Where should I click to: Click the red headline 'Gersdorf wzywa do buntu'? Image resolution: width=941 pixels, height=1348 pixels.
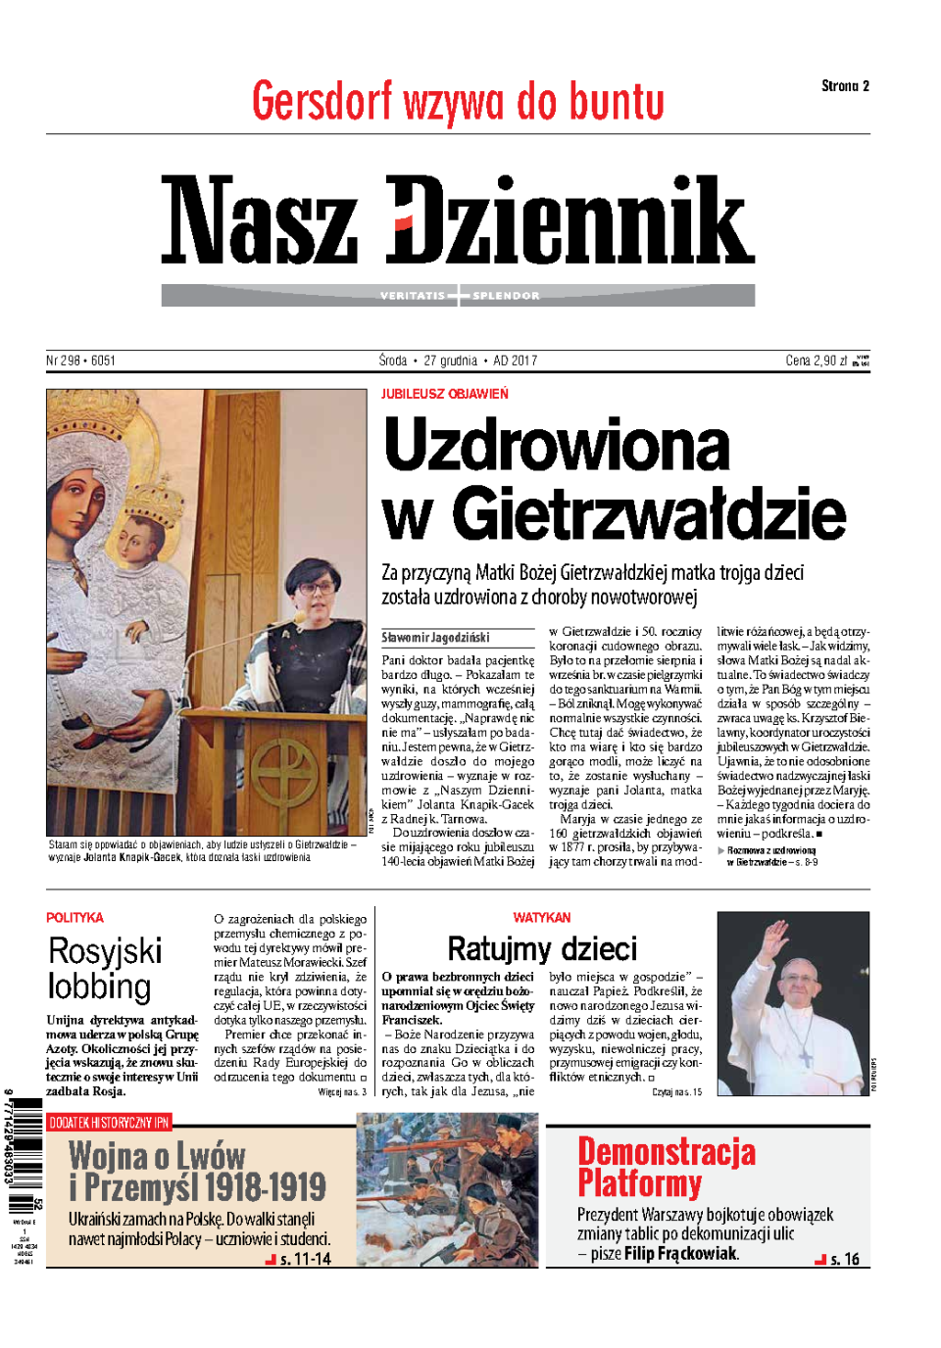tap(458, 102)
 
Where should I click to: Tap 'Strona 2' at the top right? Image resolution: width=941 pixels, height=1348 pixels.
tap(845, 86)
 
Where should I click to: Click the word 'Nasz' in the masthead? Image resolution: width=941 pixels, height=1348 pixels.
tap(260, 220)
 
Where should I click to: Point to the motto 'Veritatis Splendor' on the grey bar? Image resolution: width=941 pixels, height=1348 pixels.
tap(459, 296)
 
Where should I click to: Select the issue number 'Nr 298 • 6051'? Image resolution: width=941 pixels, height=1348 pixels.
tap(80, 361)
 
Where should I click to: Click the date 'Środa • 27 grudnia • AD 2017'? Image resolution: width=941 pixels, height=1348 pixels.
tap(458, 361)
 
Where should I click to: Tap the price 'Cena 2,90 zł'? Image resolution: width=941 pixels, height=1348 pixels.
tap(817, 361)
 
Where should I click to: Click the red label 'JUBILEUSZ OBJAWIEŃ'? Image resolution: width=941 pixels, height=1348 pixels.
tap(445, 394)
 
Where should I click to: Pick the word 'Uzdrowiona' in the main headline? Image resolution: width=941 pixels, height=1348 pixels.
tap(557, 446)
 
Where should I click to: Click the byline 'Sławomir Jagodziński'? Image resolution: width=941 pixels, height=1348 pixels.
tap(435, 637)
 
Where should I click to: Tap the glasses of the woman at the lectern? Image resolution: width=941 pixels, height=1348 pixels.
tap(316, 587)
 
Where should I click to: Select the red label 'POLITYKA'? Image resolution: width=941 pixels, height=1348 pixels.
tap(74, 918)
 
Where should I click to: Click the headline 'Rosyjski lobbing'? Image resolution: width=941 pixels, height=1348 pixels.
tap(104, 968)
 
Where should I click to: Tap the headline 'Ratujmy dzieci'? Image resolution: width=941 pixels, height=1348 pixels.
tap(542, 948)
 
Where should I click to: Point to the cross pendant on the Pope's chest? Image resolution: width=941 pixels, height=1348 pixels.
tap(805, 1057)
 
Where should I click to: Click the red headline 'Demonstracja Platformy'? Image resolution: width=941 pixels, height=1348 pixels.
tap(666, 1167)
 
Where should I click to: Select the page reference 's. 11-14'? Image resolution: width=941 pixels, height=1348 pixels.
tap(305, 1259)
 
